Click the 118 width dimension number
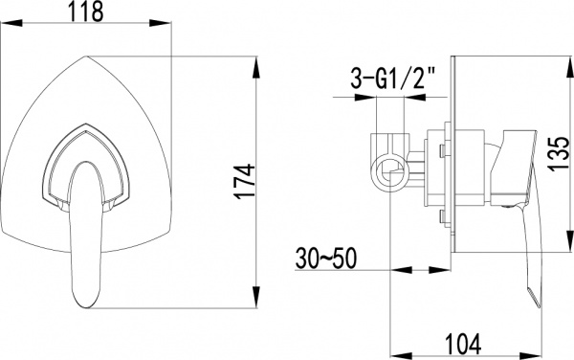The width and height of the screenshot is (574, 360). [x=92, y=14]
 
